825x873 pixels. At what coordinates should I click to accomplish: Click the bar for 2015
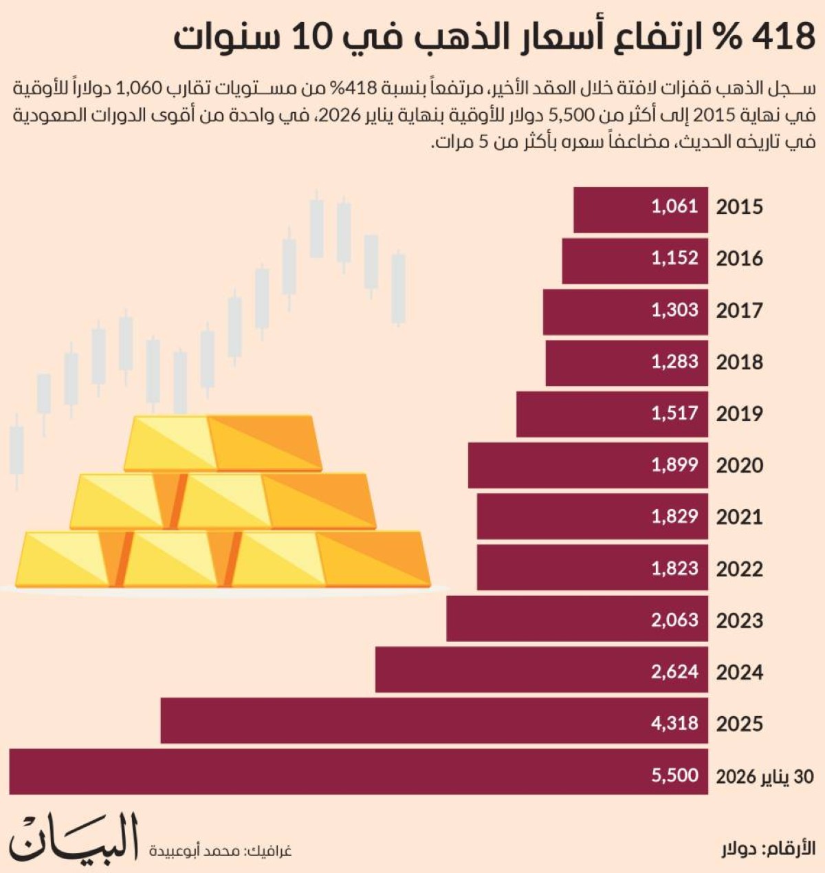click(x=640, y=209)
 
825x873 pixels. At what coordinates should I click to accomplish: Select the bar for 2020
click(x=588, y=466)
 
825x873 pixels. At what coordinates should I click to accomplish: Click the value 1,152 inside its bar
click(x=674, y=258)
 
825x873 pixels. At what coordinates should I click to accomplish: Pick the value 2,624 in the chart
click(x=674, y=671)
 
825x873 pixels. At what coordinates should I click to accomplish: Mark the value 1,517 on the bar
click(x=674, y=413)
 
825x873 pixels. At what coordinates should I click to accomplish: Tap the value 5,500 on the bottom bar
click(x=674, y=775)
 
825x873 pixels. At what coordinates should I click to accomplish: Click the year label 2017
click(x=739, y=310)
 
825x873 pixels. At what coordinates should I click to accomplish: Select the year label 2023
click(x=739, y=621)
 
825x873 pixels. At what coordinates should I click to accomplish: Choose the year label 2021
click(x=739, y=517)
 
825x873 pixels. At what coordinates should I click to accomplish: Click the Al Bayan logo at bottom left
click(x=74, y=837)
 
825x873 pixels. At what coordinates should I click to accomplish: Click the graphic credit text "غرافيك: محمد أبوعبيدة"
click(x=220, y=851)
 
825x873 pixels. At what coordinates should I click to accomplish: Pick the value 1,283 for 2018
click(x=674, y=362)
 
